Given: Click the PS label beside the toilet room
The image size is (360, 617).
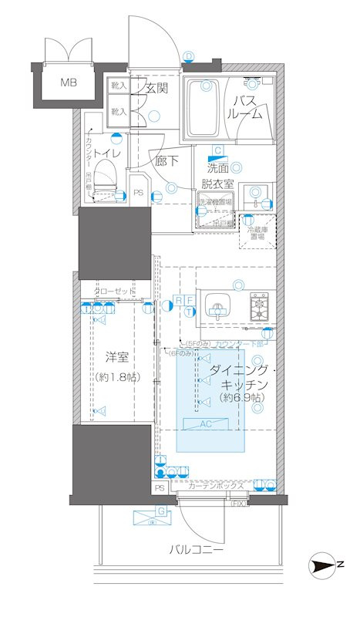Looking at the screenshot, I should pyautogui.click(x=138, y=194).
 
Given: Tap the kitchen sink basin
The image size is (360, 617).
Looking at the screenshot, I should pyautogui.click(x=219, y=308).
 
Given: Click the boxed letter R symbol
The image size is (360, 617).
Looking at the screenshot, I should pyautogui.click(x=178, y=299).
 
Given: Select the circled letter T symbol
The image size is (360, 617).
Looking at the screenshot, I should pyautogui.click(x=189, y=311).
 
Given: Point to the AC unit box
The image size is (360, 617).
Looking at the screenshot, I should pyautogui.click(x=210, y=423).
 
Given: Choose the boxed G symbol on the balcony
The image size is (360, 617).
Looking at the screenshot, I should pyautogui.click(x=162, y=511).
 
